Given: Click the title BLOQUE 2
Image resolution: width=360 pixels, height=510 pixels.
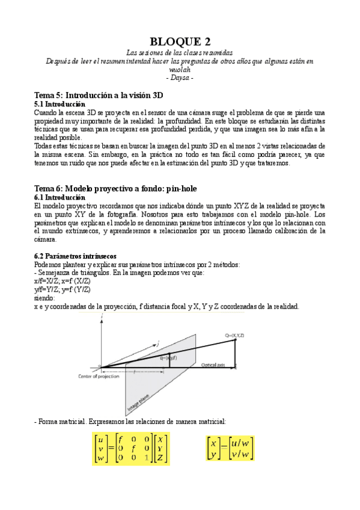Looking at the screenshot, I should (180, 41).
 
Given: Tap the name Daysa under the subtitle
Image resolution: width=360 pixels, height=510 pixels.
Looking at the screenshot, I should (180, 78).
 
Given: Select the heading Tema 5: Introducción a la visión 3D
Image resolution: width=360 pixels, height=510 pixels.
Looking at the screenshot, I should (99, 95).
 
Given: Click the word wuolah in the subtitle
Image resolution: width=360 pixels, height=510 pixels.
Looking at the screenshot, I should (180, 70).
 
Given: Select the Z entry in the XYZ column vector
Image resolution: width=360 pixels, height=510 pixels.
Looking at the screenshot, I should (161, 458).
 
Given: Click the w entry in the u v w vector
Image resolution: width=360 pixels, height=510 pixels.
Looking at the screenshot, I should (100, 458).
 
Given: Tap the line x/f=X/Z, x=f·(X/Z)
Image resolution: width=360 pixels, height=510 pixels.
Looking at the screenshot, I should (63, 281).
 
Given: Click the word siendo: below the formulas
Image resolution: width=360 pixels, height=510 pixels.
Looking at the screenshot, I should (45, 298).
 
